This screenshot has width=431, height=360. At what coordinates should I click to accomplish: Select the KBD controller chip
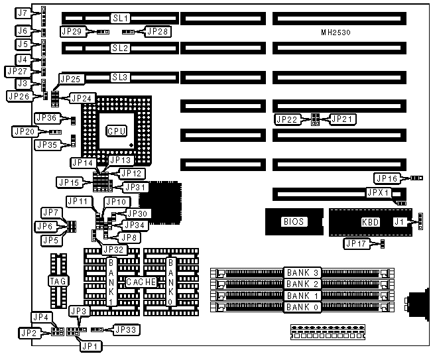[x=370, y=222]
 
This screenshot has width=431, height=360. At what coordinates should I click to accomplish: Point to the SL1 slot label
[x=120, y=17]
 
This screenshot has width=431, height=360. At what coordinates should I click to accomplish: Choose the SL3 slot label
[x=120, y=78]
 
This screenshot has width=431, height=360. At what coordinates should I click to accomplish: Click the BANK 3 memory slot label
[x=302, y=272]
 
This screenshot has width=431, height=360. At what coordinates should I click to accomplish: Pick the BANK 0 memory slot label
[x=302, y=307]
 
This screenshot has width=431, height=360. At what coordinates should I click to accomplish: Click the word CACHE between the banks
[x=141, y=282]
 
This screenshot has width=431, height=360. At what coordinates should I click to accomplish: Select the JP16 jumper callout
[x=387, y=178]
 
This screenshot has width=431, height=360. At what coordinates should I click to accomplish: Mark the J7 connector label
[x=23, y=13]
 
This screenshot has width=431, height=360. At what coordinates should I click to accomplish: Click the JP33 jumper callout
[x=125, y=328]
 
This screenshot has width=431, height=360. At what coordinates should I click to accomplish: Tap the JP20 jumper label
[x=25, y=131]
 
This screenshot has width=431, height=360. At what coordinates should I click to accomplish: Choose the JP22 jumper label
[x=287, y=119]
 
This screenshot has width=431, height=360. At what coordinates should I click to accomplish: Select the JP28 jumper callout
[x=158, y=30]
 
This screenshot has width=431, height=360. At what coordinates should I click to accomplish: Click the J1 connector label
[x=399, y=221]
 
